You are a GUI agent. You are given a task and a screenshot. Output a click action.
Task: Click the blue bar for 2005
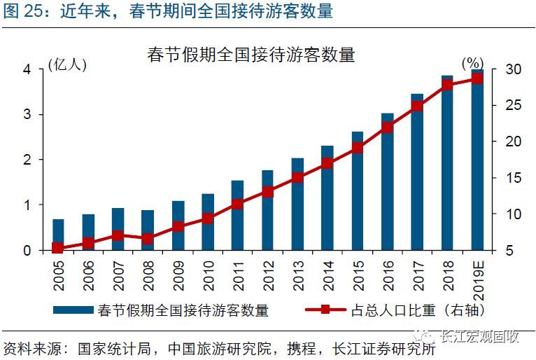tap(58, 235)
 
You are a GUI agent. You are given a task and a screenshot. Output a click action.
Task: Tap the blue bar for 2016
tap(387, 182)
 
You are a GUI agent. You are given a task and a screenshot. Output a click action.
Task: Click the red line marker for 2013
tap(297, 177)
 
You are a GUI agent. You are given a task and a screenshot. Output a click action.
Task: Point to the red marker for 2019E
tap(477, 78)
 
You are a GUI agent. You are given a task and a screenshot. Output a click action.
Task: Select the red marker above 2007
tap(118, 236)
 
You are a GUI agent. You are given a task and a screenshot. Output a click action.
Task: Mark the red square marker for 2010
tap(208, 219)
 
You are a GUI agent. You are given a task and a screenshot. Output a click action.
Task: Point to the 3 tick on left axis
tap(27, 115)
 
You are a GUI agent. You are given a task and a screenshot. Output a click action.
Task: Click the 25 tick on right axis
tap(512, 106)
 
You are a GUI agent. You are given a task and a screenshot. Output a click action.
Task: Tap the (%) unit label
tap(473, 64)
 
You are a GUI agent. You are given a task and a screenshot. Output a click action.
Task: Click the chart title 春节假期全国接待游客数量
tap(251, 54)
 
